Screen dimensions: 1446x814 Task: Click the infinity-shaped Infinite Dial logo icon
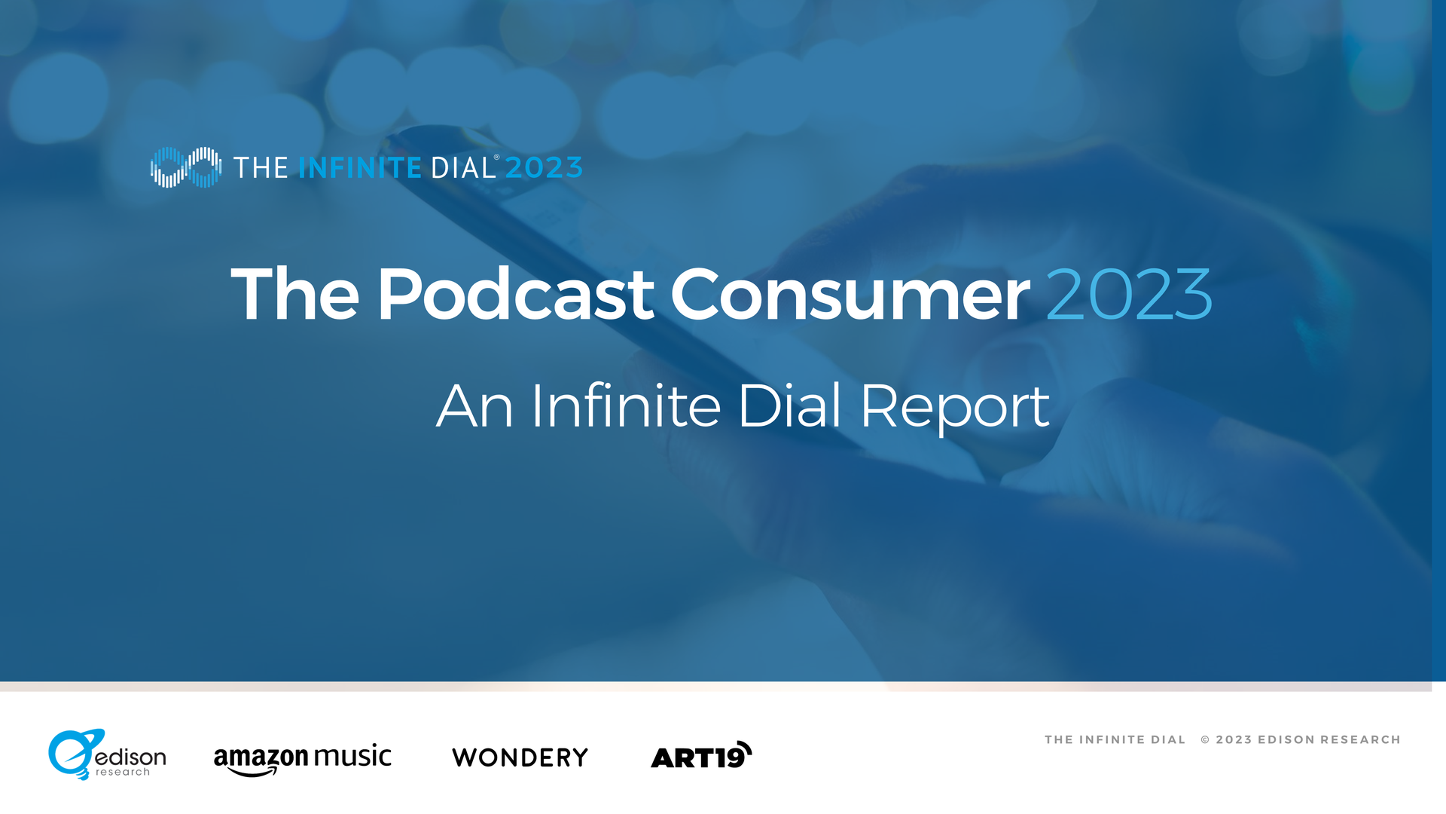tap(186, 167)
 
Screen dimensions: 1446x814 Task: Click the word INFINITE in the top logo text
tap(360, 168)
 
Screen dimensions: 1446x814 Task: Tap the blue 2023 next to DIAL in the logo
tap(545, 168)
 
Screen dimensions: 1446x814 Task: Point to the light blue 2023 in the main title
tap(1129, 295)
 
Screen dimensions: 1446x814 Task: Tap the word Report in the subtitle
tap(954, 407)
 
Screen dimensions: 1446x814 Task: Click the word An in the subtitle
tap(475, 406)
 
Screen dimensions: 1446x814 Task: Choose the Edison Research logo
tap(107, 754)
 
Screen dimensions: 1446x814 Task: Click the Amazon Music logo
tap(303, 758)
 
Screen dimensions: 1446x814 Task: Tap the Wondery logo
tap(520, 757)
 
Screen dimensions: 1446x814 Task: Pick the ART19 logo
tap(701, 755)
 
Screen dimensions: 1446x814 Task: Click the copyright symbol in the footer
tap(1205, 740)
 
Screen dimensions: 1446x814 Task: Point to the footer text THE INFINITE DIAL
tap(1115, 740)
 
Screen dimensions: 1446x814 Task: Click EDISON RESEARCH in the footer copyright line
tap(1329, 740)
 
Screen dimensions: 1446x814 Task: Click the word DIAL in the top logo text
tap(463, 168)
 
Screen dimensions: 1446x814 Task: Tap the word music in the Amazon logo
tap(352, 755)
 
